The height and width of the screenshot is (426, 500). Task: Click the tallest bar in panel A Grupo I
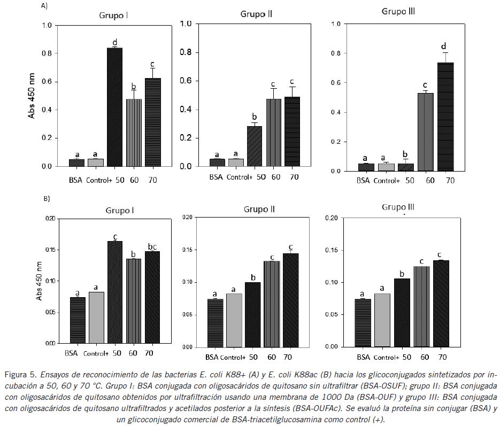click(114, 107)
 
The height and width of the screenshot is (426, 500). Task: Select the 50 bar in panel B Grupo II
click(253, 315)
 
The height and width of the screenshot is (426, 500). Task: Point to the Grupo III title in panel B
click(398, 207)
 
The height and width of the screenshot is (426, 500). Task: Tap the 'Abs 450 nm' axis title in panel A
click(32, 96)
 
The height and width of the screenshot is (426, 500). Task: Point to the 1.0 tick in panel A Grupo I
click(47, 25)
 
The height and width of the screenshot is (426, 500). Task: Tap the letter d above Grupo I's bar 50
click(114, 42)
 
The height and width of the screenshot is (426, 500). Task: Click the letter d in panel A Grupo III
click(443, 46)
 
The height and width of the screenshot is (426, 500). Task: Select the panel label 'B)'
click(47, 198)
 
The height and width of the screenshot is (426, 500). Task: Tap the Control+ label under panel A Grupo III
click(386, 181)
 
